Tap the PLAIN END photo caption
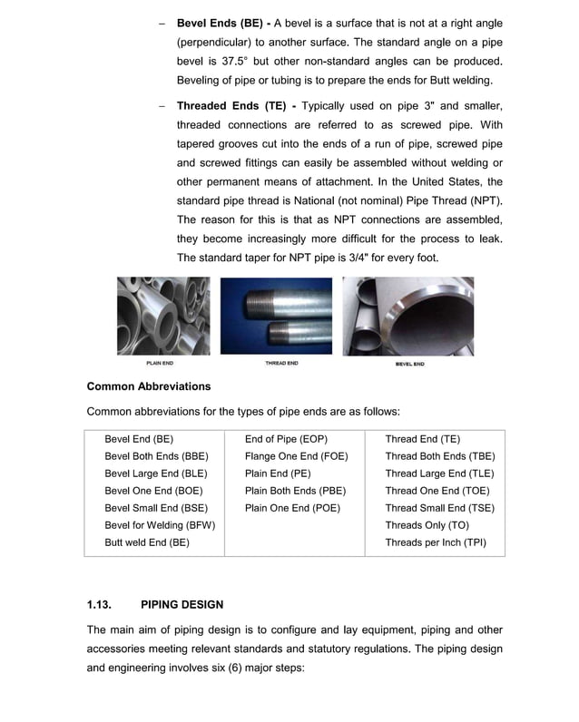click(x=161, y=364)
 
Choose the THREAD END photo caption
click(x=280, y=364)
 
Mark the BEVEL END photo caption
click(x=409, y=364)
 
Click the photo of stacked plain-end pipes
click(x=162, y=316)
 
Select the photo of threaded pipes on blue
click(x=276, y=316)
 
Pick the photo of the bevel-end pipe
click(x=407, y=316)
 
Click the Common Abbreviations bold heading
click(x=148, y=386)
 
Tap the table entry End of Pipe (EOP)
click(x=286, y=439)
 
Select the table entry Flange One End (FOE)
click(x=296, y=456)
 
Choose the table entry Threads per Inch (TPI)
click(x=436, y=542)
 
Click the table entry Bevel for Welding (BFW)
click(x=160, y=525)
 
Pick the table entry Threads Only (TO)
click(x=427, y=525)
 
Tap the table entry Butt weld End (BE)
click(x=147, y=542)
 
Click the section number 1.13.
click(x=100, y=605)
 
